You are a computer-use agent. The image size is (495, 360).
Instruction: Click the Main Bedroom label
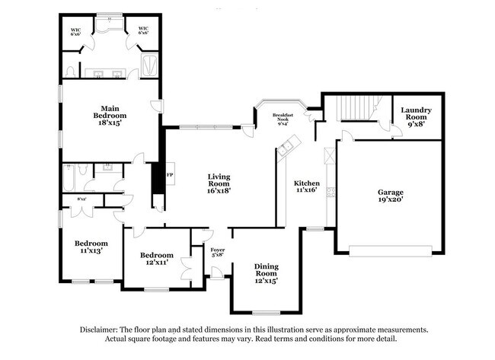tap(107, 116)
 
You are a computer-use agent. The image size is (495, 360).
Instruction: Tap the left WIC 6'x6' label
tap(76, 32)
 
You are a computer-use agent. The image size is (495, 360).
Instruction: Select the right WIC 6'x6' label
tap(143, 31)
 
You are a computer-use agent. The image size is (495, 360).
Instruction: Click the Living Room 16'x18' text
tap(219, 184)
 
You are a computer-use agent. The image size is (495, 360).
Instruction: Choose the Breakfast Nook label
tap(283, 119)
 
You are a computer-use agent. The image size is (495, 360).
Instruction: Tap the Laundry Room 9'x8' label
tap(416, 115)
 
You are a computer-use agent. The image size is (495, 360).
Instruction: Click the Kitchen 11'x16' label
tap(306, 186)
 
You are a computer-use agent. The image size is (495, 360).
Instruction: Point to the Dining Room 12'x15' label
tap(266, 272)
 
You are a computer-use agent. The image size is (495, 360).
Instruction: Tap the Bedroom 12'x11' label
tap(156, 259)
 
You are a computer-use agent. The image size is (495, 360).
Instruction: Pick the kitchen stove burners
tap(329, 156)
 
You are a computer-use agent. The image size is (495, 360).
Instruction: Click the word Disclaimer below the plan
tap(100, 330)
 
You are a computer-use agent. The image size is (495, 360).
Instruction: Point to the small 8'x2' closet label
tap(81, 199)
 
